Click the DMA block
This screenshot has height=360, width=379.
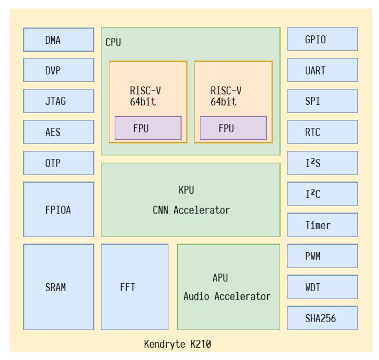pos(59,40)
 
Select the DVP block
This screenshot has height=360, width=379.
pos(59,70)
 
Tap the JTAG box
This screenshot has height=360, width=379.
pos(59,101)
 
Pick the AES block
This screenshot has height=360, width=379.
pos(59,132)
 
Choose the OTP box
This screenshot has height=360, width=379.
pos(59,163)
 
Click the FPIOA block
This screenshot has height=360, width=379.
pos(59,209)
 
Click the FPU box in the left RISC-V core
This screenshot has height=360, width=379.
pos(148,128)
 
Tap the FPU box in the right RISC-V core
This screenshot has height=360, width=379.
pos(233,128)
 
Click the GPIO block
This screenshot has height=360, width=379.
pos(322,39)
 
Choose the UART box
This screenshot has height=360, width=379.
pos(322,70)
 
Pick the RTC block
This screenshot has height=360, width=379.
pos(322,132)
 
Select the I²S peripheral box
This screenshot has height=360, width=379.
pos(322,163)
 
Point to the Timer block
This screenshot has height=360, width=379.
pos(322,225)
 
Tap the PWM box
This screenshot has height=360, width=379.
pos(322,256)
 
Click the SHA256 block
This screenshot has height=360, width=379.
pos(322,318)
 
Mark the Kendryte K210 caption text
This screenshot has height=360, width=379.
pos(177,344)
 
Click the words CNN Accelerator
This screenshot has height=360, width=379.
pos(191,210)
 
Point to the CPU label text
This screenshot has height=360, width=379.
pos(113,42)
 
